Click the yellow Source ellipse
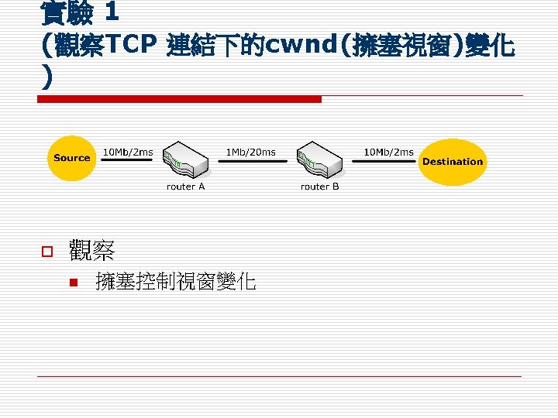coord(72,158)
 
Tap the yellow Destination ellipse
coord(452,162)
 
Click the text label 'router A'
coord(186,187)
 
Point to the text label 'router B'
coord(320,187)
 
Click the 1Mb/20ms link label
coord(250,152)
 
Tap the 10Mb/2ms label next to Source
coord(128,152)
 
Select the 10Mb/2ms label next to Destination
coord(389,152)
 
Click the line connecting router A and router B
coord(251,161)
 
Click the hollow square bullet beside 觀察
coord(46,251)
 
